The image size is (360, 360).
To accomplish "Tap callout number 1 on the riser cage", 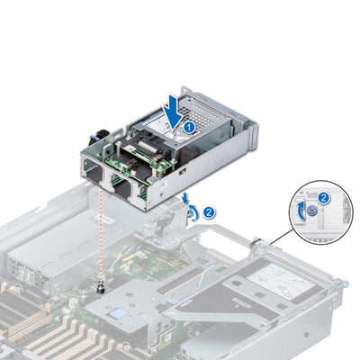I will pos(189,128).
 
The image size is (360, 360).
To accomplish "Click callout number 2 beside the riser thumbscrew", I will pos(209,212).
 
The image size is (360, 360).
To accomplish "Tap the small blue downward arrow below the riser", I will pos(185,196).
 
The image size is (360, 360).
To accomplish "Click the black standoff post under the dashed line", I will pos(102,289).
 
